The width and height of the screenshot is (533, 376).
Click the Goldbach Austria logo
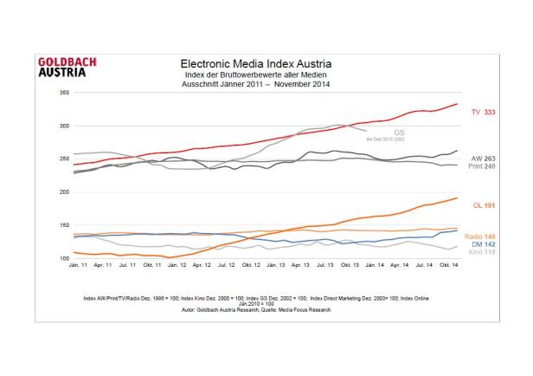[67, 67]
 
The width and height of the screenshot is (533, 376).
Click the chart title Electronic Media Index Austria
[255, 64]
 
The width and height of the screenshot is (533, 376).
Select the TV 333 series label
[482, 113]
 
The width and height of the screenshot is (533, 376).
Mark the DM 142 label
[480, 244]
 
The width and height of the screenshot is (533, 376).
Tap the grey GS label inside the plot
[375, 133]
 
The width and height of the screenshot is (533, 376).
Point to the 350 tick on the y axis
[63, 92]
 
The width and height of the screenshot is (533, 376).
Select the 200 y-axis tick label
[63, 191]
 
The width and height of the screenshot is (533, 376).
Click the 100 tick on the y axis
[63, 258]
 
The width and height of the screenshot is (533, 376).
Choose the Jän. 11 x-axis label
[77, 265]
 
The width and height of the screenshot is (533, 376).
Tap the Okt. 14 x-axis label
[449, 265]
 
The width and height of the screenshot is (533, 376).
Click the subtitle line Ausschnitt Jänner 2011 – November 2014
[255, 83]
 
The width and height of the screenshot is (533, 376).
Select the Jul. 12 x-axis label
[226, 265]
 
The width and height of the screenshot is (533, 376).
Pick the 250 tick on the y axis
[63, 159]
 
